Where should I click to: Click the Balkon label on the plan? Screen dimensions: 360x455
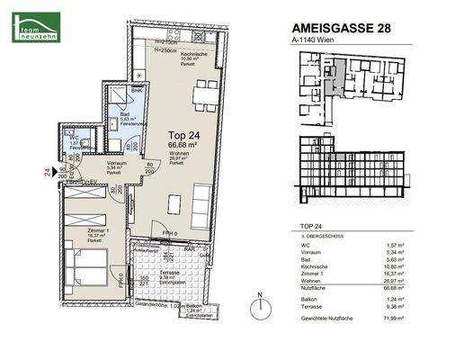193,305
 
